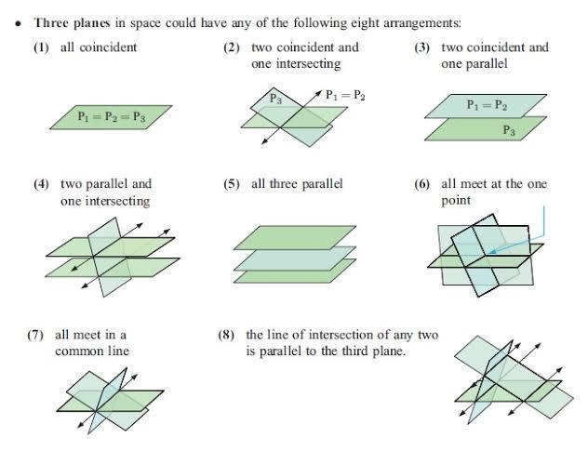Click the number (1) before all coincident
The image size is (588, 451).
pyautogui.click(x=41, y=47)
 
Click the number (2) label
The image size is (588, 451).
pyautogui.click(x=232, y=47)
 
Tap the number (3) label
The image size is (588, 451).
pyautogui.click(x=421, y=47)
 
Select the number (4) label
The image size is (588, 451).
pyautogui.click(x=41, y=184)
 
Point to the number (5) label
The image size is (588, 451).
pyautogui.click(x=232, y=184)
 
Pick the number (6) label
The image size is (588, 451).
pyautogui.click(x=421, y=184)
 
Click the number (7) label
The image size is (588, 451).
pyautogui.click(x=35, y=335)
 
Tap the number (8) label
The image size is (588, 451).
pyautogui.click(x=226, y=335)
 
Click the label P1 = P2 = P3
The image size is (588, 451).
pyautogui.click(x=112, y=116)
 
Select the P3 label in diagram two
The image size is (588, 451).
pyautogui.click(x=275, y=99)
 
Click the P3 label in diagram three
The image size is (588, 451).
pyautogui.click(x=509, y=130)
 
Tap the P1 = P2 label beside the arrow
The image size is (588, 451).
pyautogui.click(x=345, y=95)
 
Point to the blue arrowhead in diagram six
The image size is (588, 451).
pyautogui.click(x=492, y=251)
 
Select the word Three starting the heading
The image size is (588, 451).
pyautogui.click(x=51, y=23)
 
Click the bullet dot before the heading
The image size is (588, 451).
pyautogui.click(x=18, y=24)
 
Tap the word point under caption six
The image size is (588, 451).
pyautogui.click(x=456, y=201)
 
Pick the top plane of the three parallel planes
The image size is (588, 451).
pyautogui.click(x=295, y=238)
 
